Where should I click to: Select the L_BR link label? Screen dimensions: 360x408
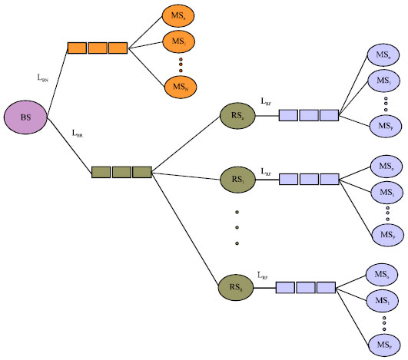coord(77,133)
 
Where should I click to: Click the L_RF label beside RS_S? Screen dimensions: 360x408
coord(264,274)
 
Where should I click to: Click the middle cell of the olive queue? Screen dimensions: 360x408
coord(121,172)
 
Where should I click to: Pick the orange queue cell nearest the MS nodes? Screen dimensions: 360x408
coord(118,48)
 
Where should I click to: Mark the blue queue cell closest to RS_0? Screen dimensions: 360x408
coord(287,116)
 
